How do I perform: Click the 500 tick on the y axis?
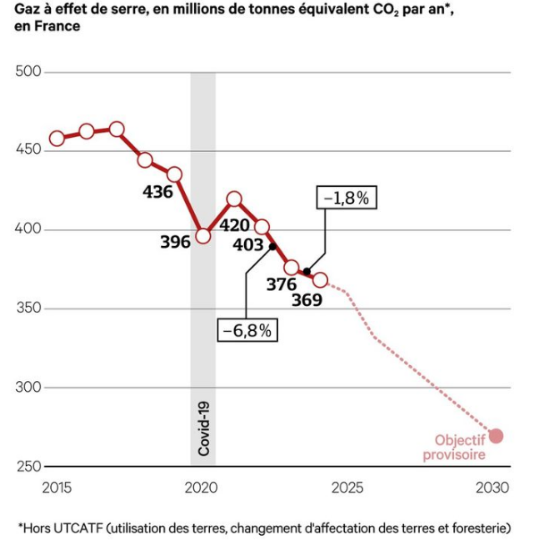pos(29,72)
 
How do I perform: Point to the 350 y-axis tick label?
pos(29,309)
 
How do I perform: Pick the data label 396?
pos(176,242)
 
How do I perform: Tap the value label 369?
pos(307,299)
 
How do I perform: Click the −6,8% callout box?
pos(246,330)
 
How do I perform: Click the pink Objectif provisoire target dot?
pos(496,436)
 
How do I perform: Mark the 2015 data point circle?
pos(57,138)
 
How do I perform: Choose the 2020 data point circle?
pos(203,236)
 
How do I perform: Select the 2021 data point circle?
pos(234,199)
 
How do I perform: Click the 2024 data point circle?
pos(320,280)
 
